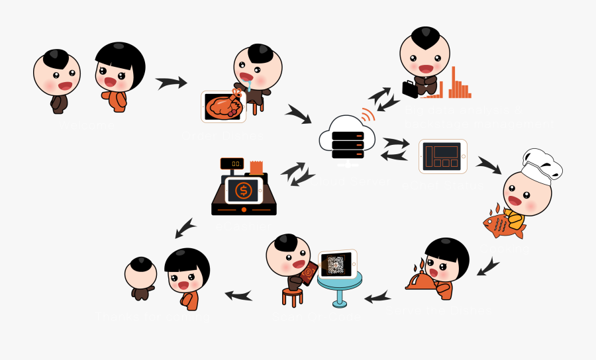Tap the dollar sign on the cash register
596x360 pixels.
coord(242,190)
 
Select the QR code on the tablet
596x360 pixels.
coord(336,265)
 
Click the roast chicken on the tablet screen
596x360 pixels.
coord(223,107)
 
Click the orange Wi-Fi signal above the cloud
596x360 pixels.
coord(368,114)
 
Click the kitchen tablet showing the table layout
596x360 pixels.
coord(442,156)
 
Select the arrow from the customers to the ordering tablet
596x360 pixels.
coord(172,83)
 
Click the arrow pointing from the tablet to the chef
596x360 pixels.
coord(489,164)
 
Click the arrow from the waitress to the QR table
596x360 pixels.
coord(377,297)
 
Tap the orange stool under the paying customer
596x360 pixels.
coord(292,295)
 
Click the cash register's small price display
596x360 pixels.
coord(232,163)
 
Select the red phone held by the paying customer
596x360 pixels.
coord(308,273)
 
